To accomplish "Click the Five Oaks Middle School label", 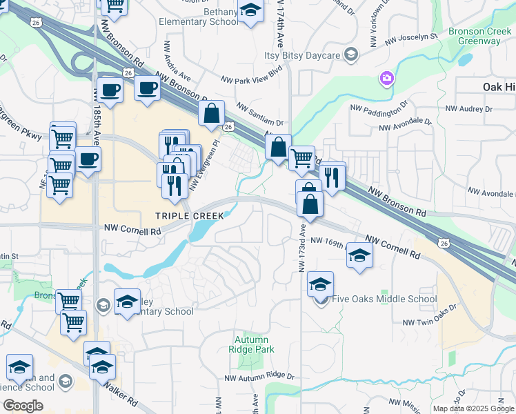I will [384, 299].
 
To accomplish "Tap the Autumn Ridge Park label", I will [255, 344].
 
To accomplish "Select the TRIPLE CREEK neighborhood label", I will [189, 216].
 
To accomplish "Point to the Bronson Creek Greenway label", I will [474, 36].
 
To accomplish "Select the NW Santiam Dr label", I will [259, 114].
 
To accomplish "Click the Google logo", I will [23, 405].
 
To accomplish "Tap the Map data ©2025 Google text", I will [473, 408].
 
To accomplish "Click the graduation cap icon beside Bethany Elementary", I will [250, 10].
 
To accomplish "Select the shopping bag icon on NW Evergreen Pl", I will [211, 113].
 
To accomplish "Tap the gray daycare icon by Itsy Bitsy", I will [351, 55].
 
